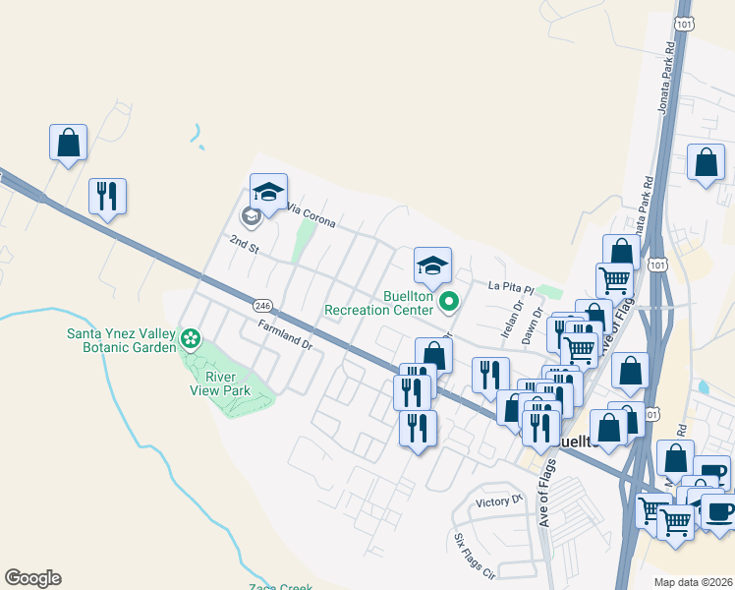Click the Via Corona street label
[x=311, y=214]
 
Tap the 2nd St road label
[x=244, y=245]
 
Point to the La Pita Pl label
[x=510, y=288]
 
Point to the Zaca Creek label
[x=281, y=585]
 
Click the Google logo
[x=32, y=578]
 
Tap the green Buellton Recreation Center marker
[x=449, y=302]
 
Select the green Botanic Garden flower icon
[x=191, y=340]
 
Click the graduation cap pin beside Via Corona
[x=268, y=190]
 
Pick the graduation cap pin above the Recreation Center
[x=432, y=265]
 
